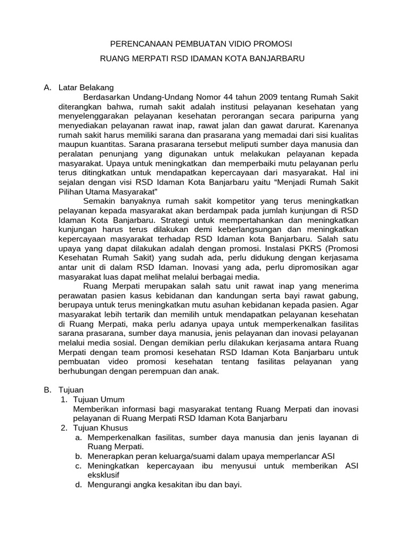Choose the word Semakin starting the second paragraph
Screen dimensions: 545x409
click(99, 200)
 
